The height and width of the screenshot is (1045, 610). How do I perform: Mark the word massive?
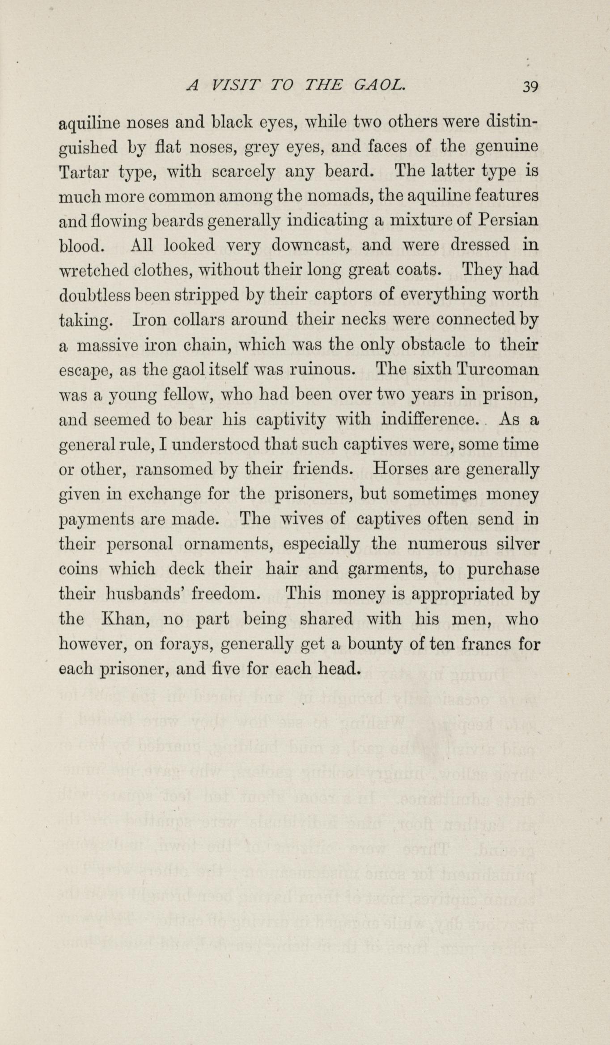[106, 345]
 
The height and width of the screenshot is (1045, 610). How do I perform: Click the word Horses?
[400, 469]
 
